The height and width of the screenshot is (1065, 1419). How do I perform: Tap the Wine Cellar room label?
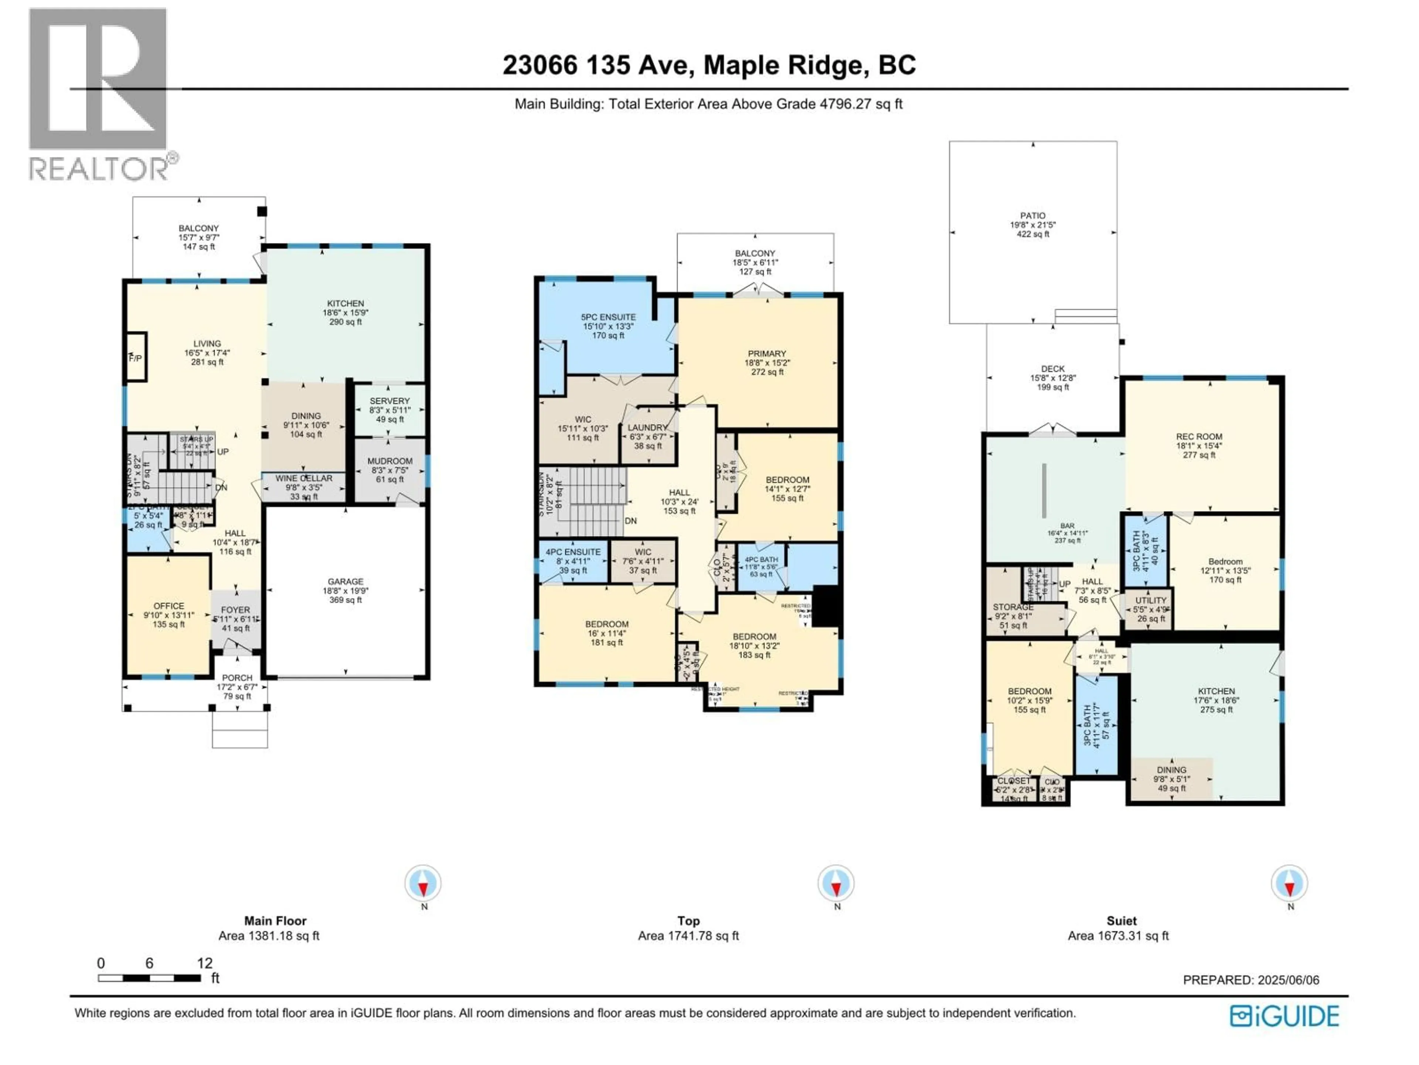point(304,478)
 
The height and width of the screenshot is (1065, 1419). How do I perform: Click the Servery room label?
point(389,400)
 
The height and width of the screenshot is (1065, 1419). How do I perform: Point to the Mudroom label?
point(389,461)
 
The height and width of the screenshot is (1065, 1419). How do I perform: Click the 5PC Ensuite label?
point(608,317)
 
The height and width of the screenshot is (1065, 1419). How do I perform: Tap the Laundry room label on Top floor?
point(647,427)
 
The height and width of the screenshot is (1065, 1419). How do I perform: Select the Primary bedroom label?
point(767,354)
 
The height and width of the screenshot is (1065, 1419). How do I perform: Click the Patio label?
point(1033,216)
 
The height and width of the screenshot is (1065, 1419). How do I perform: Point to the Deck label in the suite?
point(1053,369)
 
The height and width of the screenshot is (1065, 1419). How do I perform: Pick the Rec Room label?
point(1199,436)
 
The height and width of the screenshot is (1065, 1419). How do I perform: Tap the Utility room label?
point(1151,601)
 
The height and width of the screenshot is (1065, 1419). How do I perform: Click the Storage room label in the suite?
point(1013,607)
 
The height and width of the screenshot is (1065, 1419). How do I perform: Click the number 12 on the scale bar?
point(205,963)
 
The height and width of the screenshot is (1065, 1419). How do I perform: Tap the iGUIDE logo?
point(1284,1016)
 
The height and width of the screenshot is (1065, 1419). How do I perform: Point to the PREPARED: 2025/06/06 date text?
point(1251,980)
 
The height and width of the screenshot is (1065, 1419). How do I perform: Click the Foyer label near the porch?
point(235,610)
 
